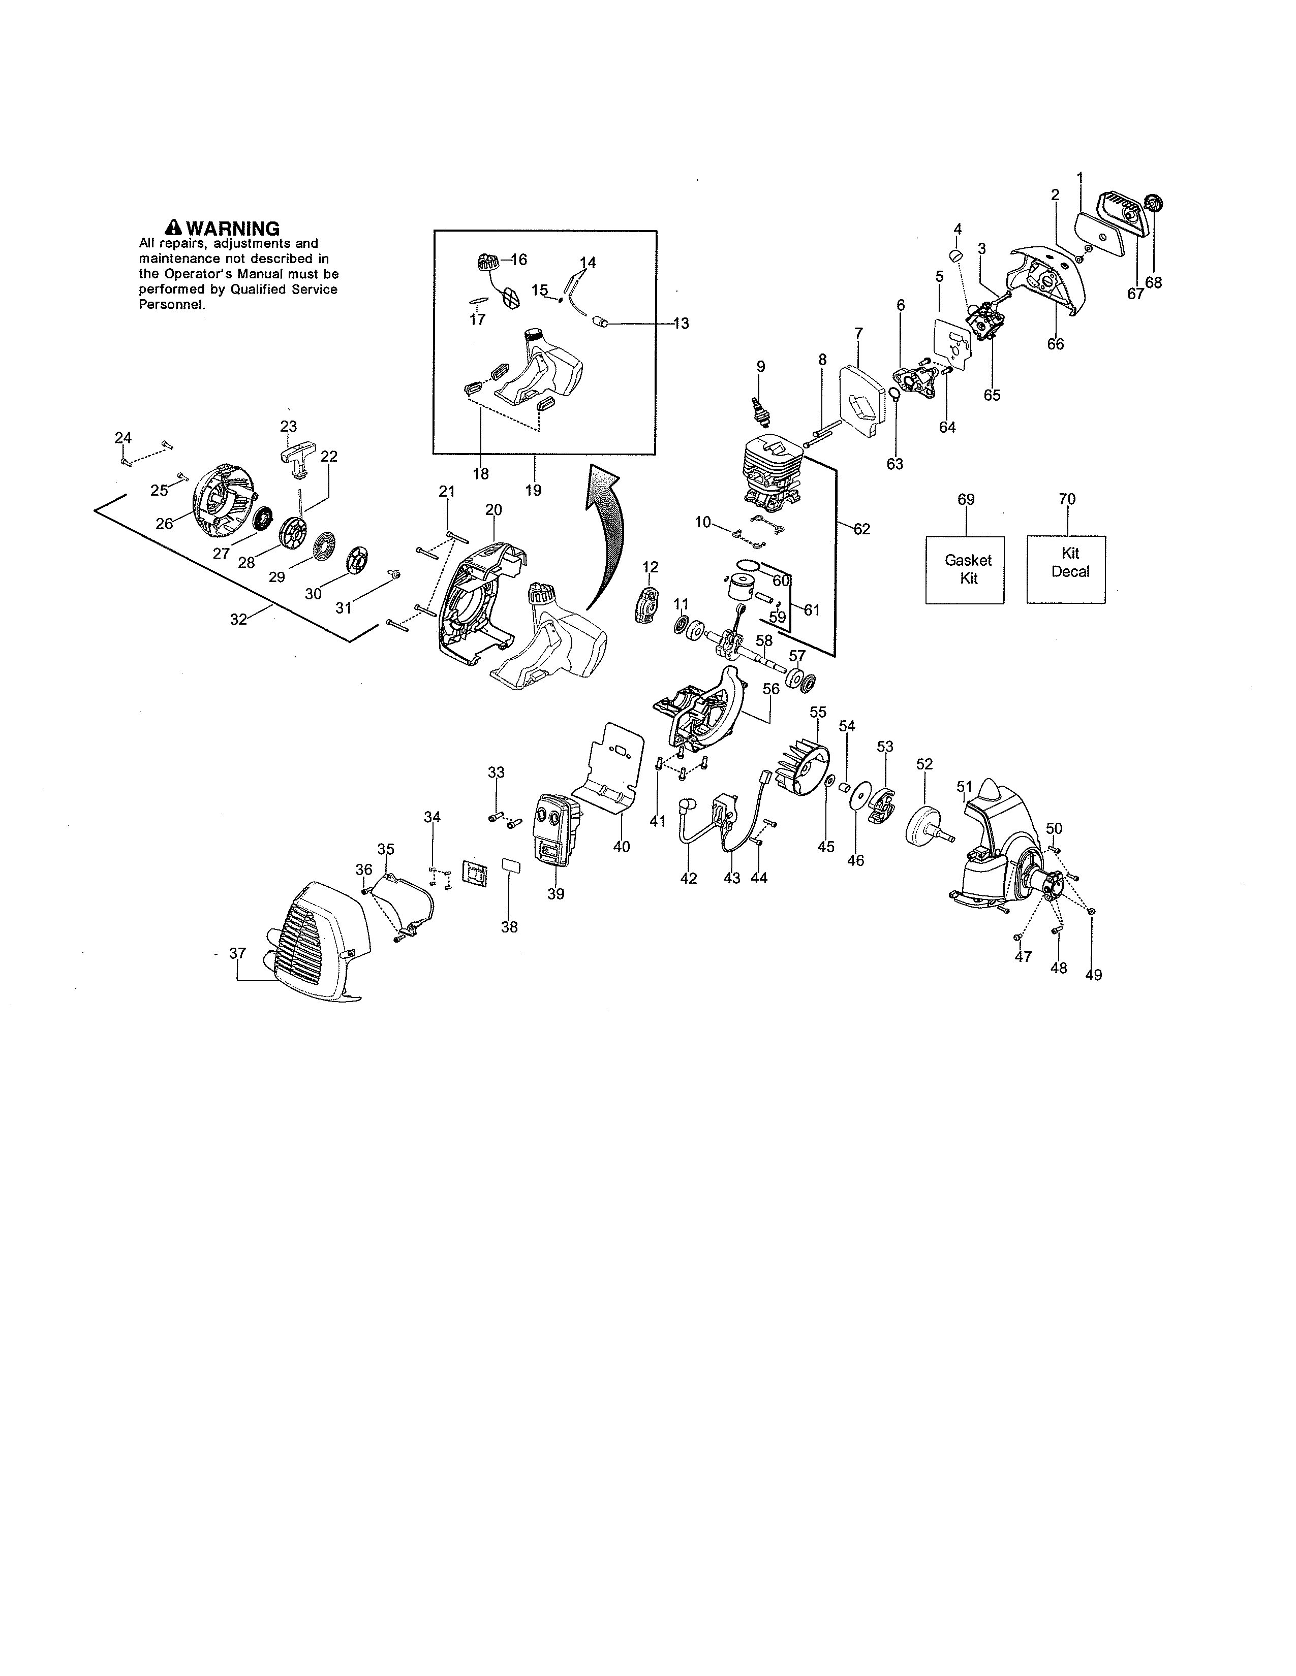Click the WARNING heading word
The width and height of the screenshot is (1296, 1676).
pyautogui.click(x=233, y=228)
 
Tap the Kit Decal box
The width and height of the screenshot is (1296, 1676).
pyautogui.click(x=1066, y=569)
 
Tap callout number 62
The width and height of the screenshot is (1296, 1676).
pyautogui.click(x=861, y=529)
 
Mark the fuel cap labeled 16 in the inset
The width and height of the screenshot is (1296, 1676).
pyautogui.click(x=485, y=263)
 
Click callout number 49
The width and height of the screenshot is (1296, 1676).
pyautogui.click(x=1093, y=975)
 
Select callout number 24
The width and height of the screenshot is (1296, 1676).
pyautogui.click(x=123, y=437)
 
